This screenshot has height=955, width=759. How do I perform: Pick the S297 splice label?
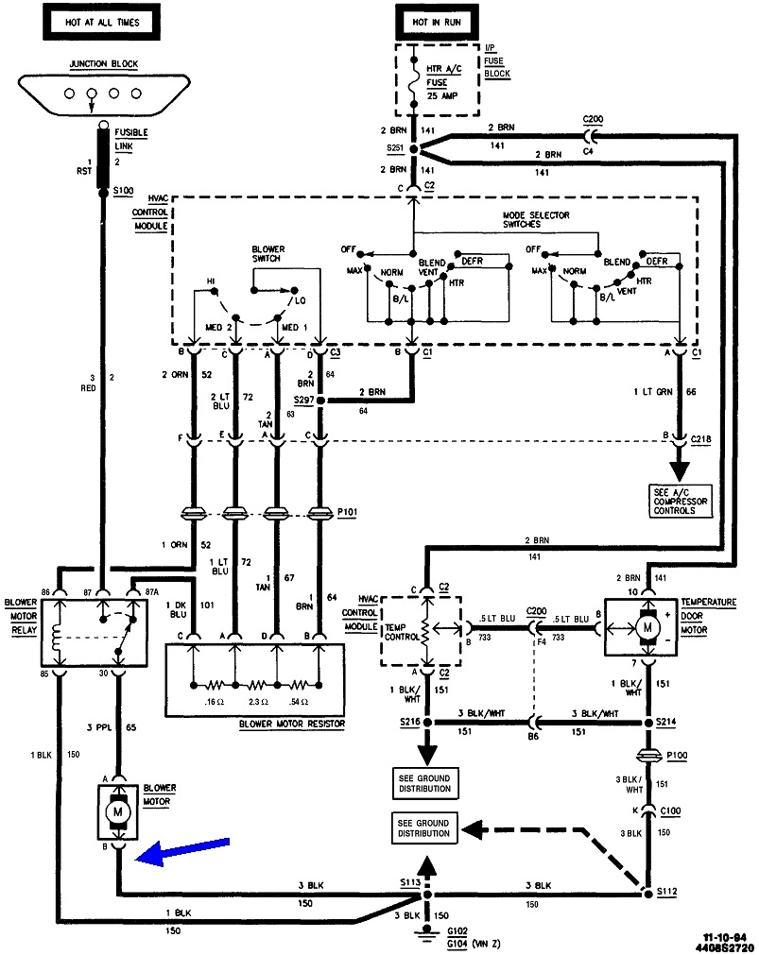(x=303, y=401)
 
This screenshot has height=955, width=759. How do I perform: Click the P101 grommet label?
(x=349, y=515)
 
